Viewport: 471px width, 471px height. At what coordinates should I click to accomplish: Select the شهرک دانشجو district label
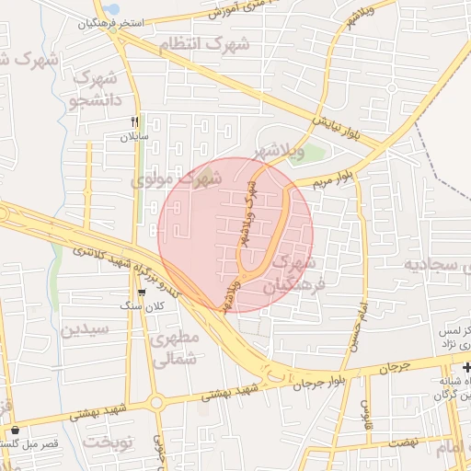[92, 88]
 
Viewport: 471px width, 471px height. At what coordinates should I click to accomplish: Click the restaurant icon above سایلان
[135, 121]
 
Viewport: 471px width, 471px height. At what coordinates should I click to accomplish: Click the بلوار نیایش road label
[341, 111]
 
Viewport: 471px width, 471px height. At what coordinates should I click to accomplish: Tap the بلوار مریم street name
[330, 178]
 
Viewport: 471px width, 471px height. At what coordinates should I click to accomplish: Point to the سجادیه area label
[441, 265]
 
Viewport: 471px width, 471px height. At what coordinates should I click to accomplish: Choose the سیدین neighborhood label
[86, 328]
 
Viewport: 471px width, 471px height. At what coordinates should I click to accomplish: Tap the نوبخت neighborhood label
[109, 442]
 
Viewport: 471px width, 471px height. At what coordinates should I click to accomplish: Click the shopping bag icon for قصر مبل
[15, 431]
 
